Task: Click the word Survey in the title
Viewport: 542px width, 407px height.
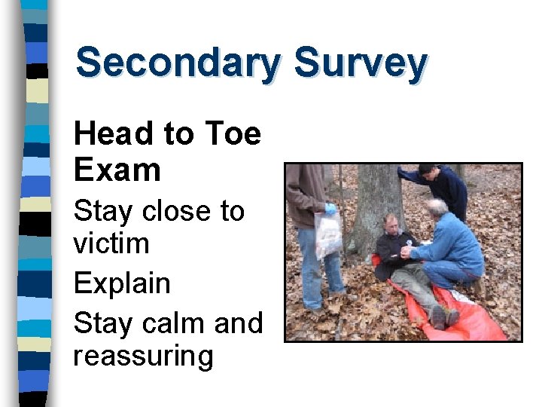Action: coord(361,63)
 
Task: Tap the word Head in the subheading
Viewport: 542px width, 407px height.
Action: coord(112,134)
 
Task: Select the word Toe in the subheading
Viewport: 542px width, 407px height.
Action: coord(233,134)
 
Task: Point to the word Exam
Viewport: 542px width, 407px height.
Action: coord(117,170)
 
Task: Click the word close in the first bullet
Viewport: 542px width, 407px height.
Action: coord(175,211)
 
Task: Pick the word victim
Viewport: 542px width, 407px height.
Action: coord(111,243)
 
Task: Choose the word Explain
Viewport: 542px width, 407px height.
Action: coord(122,284)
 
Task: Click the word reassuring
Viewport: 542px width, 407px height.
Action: coord(143,356)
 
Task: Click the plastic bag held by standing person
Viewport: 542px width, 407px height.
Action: coord(328,234)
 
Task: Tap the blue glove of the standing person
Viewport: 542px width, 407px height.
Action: coord(330,209)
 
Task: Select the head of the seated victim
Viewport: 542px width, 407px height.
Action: coord(391,225)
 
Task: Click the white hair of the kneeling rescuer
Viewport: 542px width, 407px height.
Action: coord(437,204)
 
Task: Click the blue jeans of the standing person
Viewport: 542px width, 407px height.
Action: coord(315,268)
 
